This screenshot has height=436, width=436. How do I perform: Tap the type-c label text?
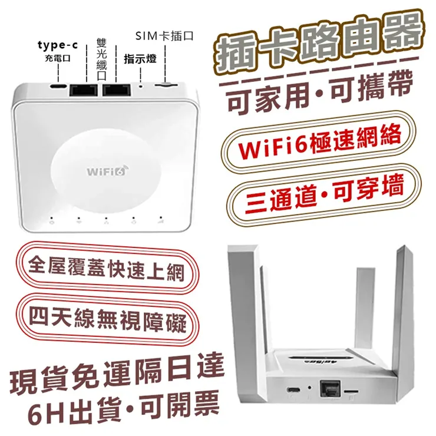pyautogui.click(x=58, y=45)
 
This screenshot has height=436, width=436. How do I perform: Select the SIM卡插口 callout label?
pyautogui.click(x=164, y=36)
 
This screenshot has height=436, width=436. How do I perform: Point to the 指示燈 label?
pyautogui.click(x=140, y=59)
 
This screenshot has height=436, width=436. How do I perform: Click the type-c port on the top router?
pyautogui.click(x=58, y=85)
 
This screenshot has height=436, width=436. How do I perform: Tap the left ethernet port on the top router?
pyautogui.click(x=84, y=90)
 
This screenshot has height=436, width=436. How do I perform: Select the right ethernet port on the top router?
pyautogui.click(x=117, y=90)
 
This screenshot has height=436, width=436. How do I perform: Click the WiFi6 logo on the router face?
pyautogui.click(x=107, y=170)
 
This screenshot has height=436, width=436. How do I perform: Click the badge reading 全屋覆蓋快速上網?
pyautogui.click(x=107, y=267)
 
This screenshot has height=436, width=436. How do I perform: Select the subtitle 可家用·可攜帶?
pyautogui.click(x=320, y=92)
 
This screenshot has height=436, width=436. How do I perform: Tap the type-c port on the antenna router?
pyautogui.click(x=293, y=389)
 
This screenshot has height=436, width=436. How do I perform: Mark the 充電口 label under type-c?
pyautogui.click(x=58, y=58)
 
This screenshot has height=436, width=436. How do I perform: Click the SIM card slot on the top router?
pyautogui.click(x=166, y=84)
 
